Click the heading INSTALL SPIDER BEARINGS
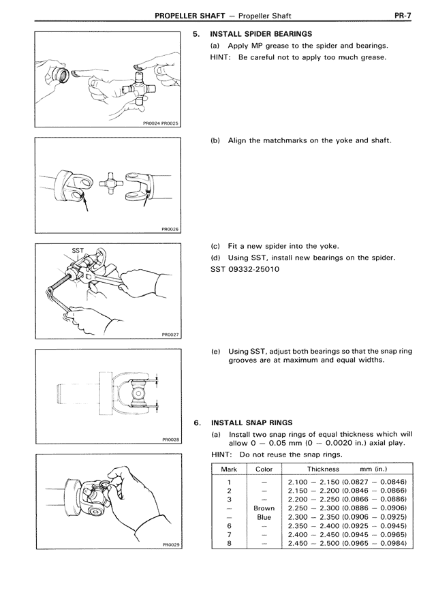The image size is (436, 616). pos(261,33)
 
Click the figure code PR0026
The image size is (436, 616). pos(170,230)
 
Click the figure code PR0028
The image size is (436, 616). pos(170,440)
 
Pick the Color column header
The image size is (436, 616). pos(264,469)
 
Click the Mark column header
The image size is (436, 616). pos(230,469)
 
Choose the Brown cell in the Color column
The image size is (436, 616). pos(264,508)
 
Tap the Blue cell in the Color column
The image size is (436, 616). pos(264,517)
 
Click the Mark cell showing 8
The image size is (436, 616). pos(230,543)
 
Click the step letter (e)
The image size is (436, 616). pos(215,351)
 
